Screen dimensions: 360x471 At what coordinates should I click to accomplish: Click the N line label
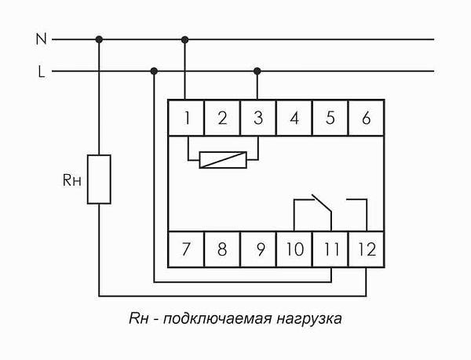pyautogui.click(x=41, y=38)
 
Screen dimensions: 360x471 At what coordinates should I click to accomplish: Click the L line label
pyautogui.click(x=41, y=71)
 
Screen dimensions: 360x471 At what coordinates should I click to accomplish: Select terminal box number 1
pyautogui.click(x=187, y=119)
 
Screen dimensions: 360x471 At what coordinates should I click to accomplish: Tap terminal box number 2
pyautogui.click(x=222, y=119)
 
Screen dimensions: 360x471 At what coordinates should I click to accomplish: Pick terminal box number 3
pyautogui.click(x=257, y=119)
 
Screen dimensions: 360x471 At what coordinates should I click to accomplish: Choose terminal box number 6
pyautogui.click(x=366, y=119)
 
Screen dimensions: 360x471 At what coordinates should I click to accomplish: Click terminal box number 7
pyautogui.click(x=187, y=250)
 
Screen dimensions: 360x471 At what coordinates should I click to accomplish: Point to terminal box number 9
pyautogui.click(x=258, y=250)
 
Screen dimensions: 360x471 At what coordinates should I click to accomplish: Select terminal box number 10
pyautogui.click(x=294, y=250)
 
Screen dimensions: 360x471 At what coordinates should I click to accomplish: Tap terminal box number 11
pyautogui.click(x=330, y=250)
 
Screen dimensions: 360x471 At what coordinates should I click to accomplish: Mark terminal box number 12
pyautogui.click(x=366, y=250)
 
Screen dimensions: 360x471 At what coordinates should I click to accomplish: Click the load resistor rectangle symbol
pyautogui.click(x=99, y=179)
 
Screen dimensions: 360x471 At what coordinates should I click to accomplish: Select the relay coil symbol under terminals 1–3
pyautogui.click(x=223, y=160)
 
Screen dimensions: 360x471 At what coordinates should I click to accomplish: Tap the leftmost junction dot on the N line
pyautogui.click(x=99, y=38)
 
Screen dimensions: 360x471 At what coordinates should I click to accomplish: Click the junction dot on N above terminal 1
pyautogui.click(x=186, y=38)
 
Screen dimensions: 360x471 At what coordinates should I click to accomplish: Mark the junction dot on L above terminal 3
pyautogui.click(x=257, y=71)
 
